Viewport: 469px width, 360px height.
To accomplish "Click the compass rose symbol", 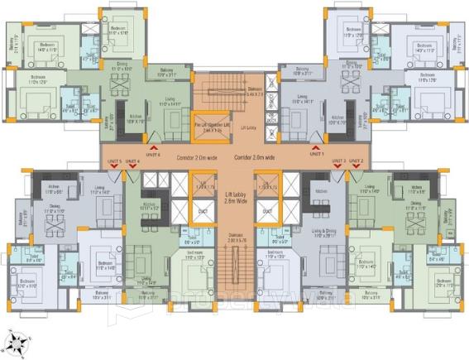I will coord(17,340).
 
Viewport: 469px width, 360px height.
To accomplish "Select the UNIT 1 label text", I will coord(315,153).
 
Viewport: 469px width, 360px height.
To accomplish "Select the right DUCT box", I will coord(266,211).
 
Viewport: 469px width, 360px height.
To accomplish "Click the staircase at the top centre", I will coord(222,89).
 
